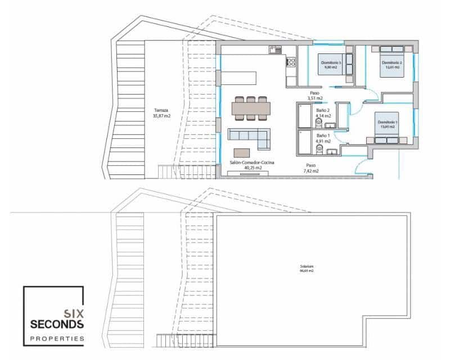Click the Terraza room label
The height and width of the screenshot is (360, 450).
coord(161,110)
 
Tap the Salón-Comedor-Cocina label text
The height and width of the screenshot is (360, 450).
coord(252,162)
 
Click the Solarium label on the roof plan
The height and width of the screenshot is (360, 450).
coord(307,266)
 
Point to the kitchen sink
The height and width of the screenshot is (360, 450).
coord(274,49)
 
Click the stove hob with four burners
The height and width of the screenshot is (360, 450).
coord(291,61)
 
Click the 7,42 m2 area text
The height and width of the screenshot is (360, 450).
coord(311,170)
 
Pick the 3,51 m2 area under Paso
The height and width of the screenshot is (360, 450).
coord(314,98)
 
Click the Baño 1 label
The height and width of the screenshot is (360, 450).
coord(323,136)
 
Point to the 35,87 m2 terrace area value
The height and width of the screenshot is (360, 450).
coord(161,116)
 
